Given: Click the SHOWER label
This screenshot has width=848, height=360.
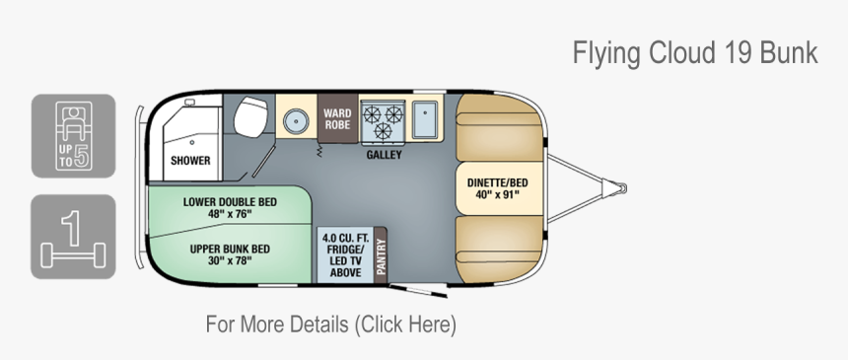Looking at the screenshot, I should pos(190,160).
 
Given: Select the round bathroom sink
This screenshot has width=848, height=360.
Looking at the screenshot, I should pos(294,120).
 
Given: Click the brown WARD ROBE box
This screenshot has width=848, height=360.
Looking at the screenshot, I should pos(337,119).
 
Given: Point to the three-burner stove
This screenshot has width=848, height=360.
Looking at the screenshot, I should pos(383,121).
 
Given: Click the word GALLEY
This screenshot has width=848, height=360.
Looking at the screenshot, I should pos(384,155).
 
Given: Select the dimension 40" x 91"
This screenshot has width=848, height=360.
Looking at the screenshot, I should pos(497,194).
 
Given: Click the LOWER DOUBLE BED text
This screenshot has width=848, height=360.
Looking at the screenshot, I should pos(230,201).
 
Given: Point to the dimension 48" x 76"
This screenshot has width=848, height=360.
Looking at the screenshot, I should pos(230,214).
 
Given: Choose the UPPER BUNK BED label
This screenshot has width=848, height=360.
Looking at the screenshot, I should pos(230,249).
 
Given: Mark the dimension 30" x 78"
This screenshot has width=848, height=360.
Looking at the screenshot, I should pos(230,261).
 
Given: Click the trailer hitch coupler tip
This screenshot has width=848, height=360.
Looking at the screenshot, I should pos(622,186).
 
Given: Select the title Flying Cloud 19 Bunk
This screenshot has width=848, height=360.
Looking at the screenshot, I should pos(695,53).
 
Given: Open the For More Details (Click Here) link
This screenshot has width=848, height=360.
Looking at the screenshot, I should pos(330,324).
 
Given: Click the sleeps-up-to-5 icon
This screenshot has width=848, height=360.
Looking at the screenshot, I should pos(73,136).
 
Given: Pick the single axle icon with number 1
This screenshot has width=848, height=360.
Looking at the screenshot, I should pos(73,237).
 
